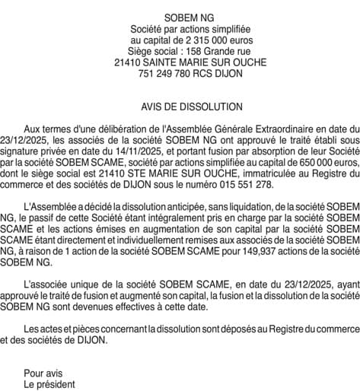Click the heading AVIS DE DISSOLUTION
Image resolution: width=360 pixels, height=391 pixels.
(180, 107)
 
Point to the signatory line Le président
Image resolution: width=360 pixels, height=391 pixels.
(49, 385)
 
